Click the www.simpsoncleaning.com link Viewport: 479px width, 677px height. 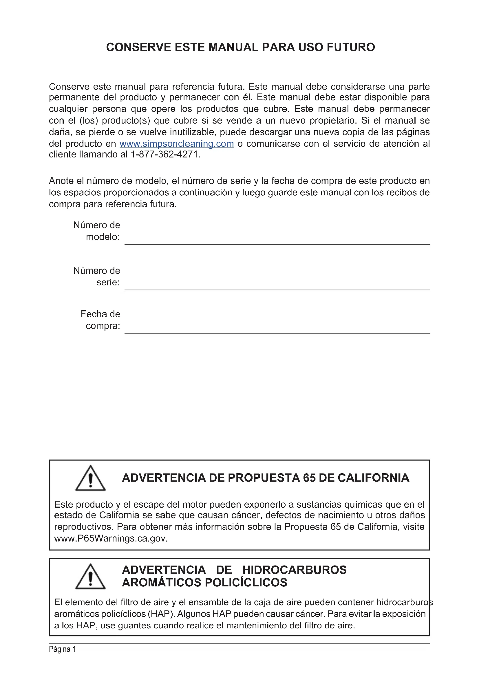[176, 144]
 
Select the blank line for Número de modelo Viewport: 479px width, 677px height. [277, 240]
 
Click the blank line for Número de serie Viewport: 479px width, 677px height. [277, 286]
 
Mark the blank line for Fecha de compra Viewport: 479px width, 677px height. [277, 329]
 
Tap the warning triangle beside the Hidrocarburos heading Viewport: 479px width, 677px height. [90, 577]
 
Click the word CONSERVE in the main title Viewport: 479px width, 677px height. [139, 47]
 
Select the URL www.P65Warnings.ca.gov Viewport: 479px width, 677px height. [111, 538]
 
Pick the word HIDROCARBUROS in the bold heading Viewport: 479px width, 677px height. [294, 570]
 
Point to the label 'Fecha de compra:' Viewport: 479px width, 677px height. [100, 320]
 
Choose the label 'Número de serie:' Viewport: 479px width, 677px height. [97, 276]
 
